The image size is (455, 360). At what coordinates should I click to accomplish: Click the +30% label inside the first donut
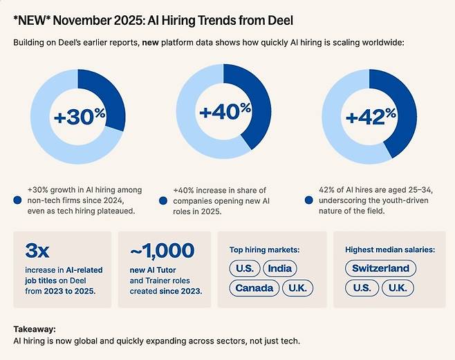tap(78, 117)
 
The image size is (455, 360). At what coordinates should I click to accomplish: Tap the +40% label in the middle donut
tap(224, 111)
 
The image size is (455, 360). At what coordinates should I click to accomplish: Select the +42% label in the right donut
tap(370, 117)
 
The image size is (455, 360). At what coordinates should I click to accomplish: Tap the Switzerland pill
tap(381, 268)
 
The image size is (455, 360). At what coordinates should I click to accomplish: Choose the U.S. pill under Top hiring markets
tap(244, 268)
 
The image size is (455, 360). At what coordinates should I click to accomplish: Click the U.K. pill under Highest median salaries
tap(397, 287)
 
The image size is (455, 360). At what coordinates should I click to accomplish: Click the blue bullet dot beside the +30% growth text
tap(17, 200)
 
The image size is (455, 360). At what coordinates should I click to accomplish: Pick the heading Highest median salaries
tap(389, 249)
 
